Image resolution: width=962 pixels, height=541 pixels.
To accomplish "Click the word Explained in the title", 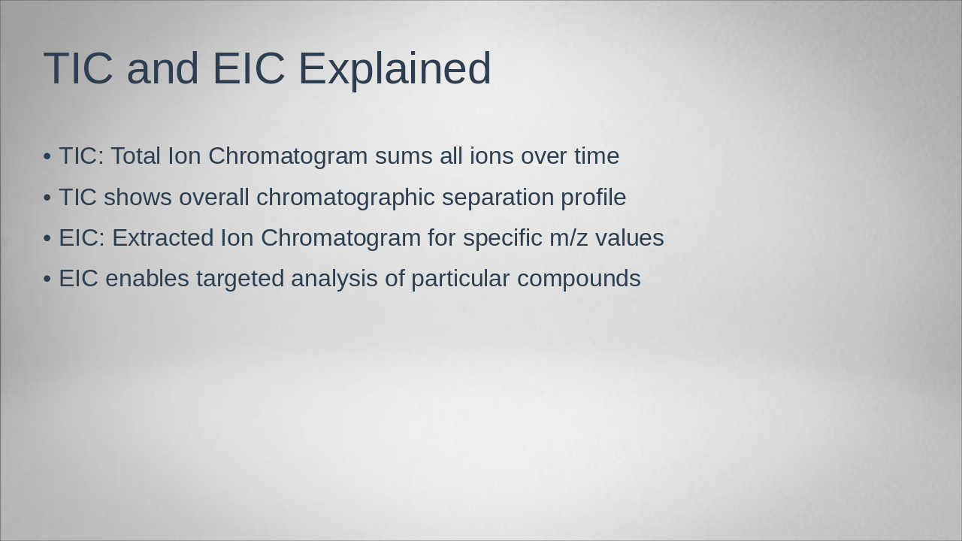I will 395,69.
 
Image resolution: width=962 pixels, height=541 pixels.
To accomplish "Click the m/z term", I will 568,238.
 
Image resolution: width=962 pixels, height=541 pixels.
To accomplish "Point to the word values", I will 630,238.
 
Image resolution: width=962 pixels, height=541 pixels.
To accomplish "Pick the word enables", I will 147,279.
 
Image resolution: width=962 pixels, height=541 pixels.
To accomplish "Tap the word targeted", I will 240,279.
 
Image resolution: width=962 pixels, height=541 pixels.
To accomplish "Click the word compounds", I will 579,279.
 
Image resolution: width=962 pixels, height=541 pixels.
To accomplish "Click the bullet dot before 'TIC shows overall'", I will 47,198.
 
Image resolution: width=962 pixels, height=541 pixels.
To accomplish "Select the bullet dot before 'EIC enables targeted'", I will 47,279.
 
